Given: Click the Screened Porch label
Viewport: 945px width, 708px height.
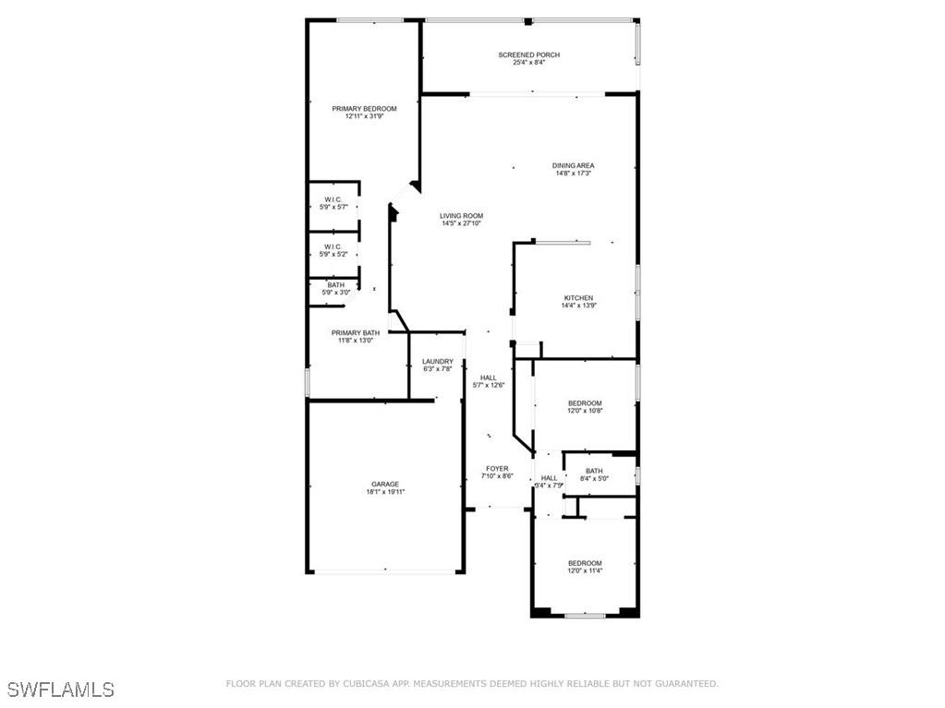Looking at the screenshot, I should point(528,54).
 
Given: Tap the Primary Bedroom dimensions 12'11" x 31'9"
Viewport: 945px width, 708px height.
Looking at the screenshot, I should point(364,117).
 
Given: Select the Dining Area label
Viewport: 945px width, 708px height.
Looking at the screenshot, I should point(573,165).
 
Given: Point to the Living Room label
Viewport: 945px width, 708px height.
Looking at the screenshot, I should point(461,216).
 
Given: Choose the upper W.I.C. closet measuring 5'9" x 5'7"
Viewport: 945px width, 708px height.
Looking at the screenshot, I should point(333,203).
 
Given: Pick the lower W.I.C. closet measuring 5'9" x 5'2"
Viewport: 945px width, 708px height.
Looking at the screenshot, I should point(333,250).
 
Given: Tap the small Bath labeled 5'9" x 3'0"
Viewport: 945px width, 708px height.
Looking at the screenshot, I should point(334,288).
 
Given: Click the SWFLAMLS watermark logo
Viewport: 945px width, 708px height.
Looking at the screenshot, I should point(61,689).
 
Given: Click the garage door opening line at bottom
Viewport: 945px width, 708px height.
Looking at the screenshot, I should point(385,572).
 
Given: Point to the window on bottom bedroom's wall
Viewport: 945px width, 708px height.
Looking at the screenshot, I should point(585,615).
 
